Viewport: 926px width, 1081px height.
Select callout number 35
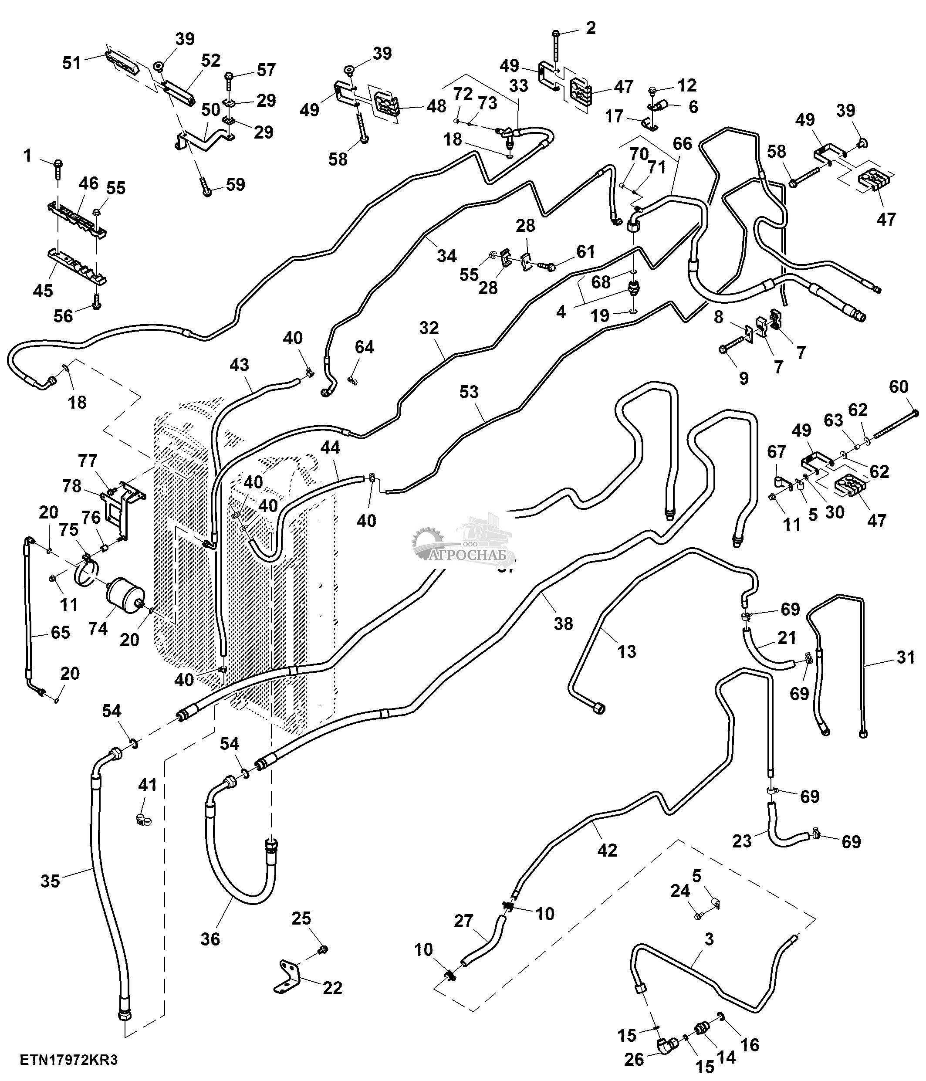[x=51, y=881]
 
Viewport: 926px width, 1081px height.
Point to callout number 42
[x=607, y=851]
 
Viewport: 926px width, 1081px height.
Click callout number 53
[x=469, y=392]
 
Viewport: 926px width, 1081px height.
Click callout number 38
[x=563, y=624]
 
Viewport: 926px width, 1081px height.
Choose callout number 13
[x=627, y=651]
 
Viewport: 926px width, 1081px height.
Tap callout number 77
[x=88, y=461]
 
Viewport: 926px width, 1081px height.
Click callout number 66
[x=682, y=143]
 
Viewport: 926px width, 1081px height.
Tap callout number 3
[x=709, y=940]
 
